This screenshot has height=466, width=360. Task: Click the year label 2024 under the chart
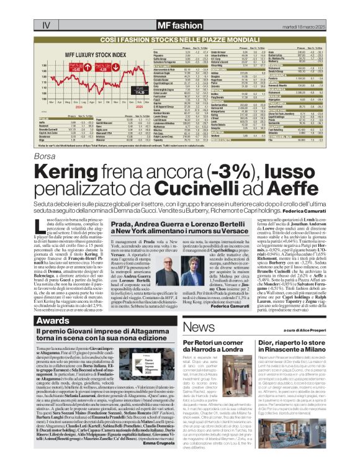73,105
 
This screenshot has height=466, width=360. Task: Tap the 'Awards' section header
53,321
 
